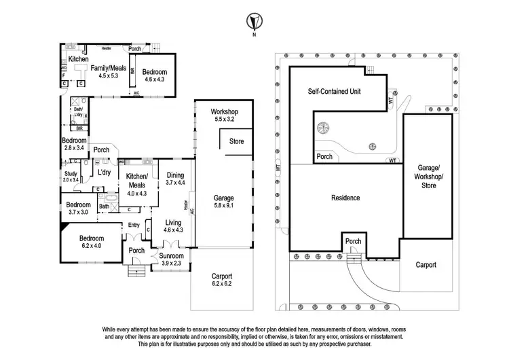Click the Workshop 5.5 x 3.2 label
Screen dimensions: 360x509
tap(223, 115)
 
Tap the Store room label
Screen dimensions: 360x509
tap(236, 141)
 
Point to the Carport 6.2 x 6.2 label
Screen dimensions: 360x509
tap(221, 281)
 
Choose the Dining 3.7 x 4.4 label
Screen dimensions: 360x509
tap(175, 179)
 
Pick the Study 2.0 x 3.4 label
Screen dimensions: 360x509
tap(71, 177)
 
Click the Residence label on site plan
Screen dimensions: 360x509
tap(345, 198)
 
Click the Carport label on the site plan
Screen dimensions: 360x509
tap(426, 265)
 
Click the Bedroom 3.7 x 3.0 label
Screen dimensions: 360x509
tap(79, 209)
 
